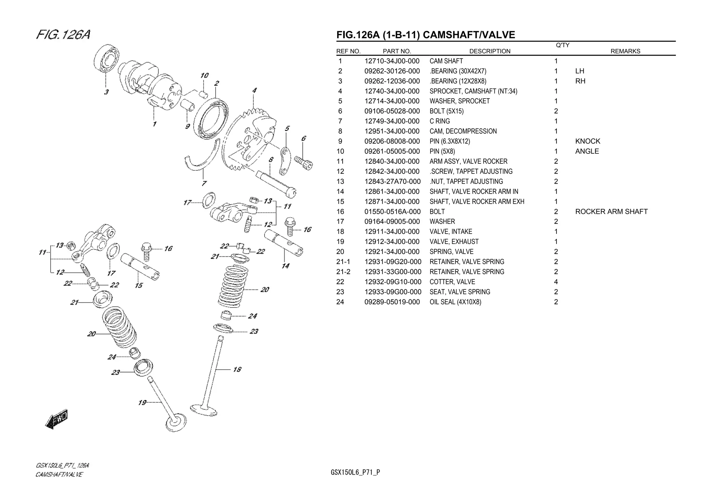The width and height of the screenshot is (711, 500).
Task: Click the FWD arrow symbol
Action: [57, 420]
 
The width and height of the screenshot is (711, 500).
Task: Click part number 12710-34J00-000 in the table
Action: [392, 61]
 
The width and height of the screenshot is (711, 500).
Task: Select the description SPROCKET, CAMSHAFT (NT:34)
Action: [473, 91]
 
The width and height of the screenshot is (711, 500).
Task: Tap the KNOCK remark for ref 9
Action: [587, 141]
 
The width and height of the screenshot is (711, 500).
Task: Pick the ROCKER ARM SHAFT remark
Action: [611, 212]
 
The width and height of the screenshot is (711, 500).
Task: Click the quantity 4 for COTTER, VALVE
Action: [556, 282]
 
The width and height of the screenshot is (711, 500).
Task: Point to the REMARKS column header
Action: [625, 51]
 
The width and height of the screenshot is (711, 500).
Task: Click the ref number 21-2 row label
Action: [343, 272]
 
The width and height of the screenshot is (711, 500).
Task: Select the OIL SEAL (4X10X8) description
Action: [455, 302]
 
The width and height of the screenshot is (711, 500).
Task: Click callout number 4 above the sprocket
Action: [254, 91]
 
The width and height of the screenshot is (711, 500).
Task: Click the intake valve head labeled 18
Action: [204, 410]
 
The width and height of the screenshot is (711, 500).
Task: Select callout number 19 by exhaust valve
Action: [142, 402]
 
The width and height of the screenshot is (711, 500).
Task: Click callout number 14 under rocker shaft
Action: [285, 266]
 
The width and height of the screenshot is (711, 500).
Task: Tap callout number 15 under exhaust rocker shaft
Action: [139, 285]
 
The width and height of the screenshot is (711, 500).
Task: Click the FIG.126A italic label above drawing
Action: [63, 35]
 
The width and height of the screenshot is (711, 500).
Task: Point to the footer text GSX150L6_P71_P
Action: [355, 472]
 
